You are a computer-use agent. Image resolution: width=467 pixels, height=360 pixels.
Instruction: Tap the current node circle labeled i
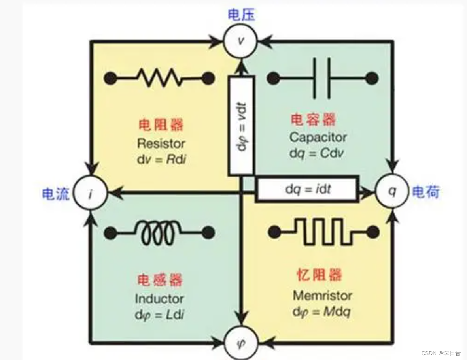(x=91, y=194)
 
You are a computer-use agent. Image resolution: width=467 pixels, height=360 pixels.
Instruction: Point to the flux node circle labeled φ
(x=240, y=343)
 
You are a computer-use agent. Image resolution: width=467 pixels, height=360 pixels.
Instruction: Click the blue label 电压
(x=242, y=15)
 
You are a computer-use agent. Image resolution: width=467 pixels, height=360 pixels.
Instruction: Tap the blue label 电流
(x=56, y=194)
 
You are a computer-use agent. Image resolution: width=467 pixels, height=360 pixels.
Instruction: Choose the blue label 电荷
(x=426, y=192)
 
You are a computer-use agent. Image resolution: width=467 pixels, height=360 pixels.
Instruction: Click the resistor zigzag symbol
(x=159, y=78)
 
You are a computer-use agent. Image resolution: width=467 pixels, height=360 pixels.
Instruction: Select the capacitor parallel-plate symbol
(x=322, y=78)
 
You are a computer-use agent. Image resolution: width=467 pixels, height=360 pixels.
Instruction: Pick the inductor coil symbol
(x=159, y=233)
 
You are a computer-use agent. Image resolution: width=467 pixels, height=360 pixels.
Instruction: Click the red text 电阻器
(x=161, y=125)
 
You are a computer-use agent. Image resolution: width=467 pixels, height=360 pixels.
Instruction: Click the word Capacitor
(x=318, y=138)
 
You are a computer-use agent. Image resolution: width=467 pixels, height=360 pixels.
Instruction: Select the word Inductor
(x=159, y=299)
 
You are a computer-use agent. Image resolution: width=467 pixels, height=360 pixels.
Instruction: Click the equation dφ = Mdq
(x=321, y=312)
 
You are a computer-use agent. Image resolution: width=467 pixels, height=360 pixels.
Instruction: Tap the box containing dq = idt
(x=308, y=189)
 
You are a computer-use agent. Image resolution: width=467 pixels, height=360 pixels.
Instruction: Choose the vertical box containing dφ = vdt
(x=241, y=126)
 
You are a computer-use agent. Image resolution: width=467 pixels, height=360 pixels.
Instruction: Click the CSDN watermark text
(x=441, y=353)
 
